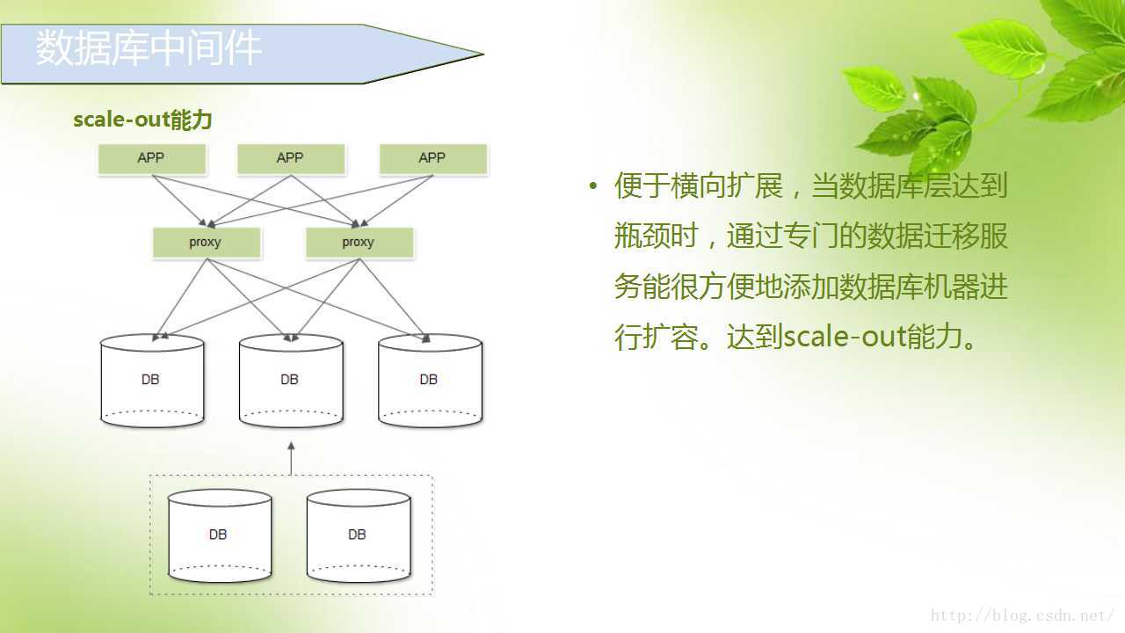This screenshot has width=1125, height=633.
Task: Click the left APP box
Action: point(151,158)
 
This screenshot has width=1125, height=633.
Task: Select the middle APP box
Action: point(290,158)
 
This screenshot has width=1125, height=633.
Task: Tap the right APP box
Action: point(432,158)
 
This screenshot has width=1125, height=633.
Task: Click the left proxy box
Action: point(206,243)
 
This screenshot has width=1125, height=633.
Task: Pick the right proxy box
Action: point(359,243)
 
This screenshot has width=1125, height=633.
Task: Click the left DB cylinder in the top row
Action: point(151,381)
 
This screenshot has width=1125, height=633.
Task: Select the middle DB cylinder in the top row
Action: point(290,381)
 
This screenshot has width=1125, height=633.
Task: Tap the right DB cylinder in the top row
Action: point(429,381)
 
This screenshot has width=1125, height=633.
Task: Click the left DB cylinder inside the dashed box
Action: point(219,535)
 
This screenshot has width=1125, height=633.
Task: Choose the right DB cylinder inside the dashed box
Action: point(358,535)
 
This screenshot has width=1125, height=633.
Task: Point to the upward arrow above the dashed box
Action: point(291,457)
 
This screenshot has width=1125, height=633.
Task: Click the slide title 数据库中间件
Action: point(149,49)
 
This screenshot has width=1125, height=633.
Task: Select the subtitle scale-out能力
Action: point(142,120)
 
